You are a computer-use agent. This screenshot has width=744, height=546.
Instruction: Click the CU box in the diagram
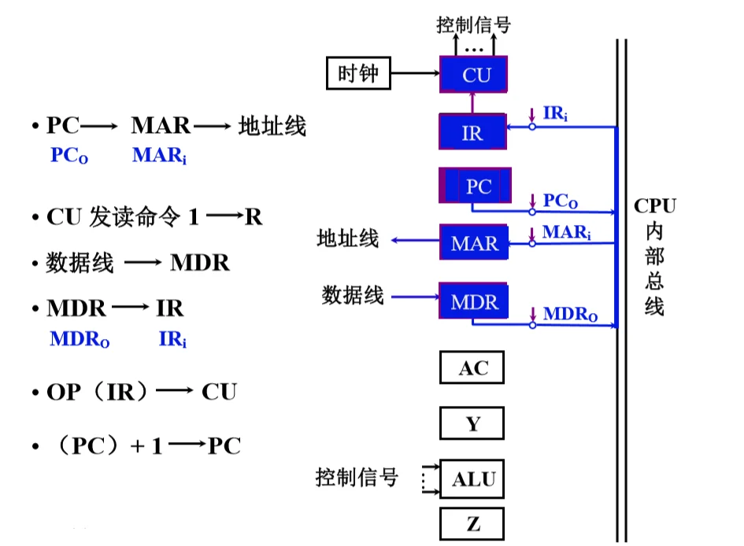click(475, 76)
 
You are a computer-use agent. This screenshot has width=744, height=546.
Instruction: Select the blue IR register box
click(472, 132)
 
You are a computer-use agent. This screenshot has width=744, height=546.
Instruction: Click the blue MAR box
click(474, 243)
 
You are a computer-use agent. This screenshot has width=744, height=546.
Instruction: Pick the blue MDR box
click(474, 302)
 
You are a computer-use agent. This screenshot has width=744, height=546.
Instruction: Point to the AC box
click(472, 367)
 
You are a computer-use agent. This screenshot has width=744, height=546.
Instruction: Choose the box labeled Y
click(472, 424)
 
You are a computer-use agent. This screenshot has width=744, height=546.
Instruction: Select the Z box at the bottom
click(472, 524)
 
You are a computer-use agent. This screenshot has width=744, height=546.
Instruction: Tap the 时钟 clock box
click(358, 75)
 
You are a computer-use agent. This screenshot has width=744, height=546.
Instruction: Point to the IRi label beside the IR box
click(555, 115)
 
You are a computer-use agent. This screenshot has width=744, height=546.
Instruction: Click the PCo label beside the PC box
click(561, 201)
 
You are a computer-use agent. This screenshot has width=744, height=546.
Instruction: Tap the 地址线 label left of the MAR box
click(347, 238)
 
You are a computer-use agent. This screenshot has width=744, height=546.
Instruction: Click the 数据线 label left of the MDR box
click(352, 296)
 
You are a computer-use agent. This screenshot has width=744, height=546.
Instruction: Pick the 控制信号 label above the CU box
click(473, 24)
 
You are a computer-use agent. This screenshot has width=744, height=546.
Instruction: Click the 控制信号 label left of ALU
click(357, 477)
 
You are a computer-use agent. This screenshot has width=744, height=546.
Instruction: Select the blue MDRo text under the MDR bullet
click(80, 340)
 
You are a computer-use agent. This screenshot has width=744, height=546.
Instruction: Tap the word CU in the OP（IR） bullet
click(219, 392)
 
